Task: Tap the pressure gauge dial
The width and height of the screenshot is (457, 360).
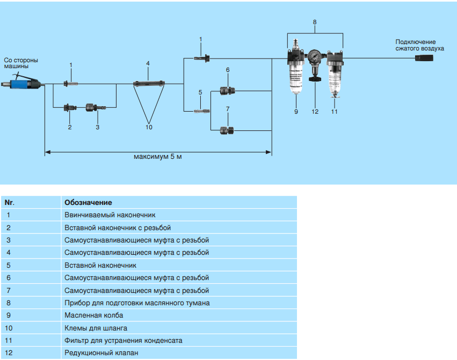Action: point(314,55)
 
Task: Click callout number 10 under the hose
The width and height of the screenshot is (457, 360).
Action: point(149,127)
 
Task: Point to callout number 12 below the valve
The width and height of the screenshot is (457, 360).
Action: point(315,112)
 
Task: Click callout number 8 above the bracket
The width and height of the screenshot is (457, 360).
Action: point(315,22)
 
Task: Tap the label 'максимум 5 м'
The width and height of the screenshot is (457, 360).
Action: point(158,158)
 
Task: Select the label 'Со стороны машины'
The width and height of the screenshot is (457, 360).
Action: point(21,63)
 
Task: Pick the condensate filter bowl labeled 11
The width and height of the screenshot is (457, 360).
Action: point(334,78)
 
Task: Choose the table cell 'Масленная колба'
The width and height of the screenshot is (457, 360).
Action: point(93,315)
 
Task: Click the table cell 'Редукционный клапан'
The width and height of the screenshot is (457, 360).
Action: point(101,353)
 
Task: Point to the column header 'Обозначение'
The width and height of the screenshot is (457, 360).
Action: point(88,203)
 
